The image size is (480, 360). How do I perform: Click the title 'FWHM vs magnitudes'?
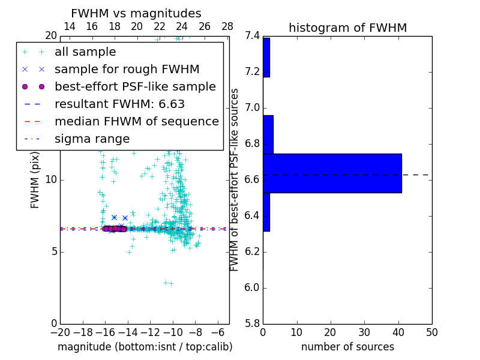click(x=136, y=13)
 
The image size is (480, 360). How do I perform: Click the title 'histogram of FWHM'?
click(x=347, y=28)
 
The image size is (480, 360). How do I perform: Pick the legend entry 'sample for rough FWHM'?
click(x=127, y=70)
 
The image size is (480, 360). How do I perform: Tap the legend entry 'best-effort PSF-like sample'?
click(x=135, y=86)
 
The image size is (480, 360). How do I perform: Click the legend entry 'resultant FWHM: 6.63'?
click(x=119, y=104)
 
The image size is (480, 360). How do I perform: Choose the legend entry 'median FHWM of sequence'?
click(x=136, y=121)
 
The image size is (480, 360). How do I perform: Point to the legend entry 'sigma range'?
click(x=92, y=139)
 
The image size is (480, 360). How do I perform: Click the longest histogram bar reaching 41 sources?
click(x=332, y=173)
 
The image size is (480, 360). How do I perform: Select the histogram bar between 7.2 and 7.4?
click(x=266, y=58)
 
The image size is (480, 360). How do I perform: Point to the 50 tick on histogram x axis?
click(x=431, y=332)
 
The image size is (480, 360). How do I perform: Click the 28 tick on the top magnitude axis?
click(x=227, y=26)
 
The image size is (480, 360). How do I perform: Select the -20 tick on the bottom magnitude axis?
click(x=60, y=332)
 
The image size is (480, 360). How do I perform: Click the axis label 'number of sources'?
click(x=347, y=347)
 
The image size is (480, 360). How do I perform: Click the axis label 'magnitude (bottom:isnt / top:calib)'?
click(x=145, y=347)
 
